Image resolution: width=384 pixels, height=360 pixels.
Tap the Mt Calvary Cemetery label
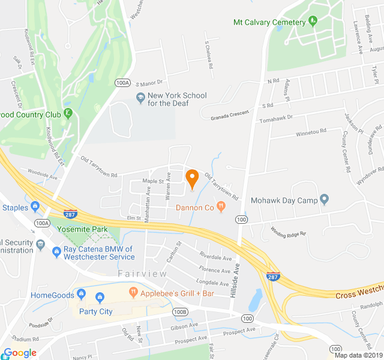pos(269,22)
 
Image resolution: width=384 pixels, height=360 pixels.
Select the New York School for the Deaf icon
pos(140,96)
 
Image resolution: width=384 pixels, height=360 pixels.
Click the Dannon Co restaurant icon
pos(221,208)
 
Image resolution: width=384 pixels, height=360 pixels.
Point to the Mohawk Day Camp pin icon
pos(325,199)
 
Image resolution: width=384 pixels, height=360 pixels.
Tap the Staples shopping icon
pos(36,208)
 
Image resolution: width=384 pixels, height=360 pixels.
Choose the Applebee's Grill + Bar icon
pos(134,293)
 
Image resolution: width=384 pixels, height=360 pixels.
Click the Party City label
pos(97,311)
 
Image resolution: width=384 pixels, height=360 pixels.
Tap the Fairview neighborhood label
pos(142,274)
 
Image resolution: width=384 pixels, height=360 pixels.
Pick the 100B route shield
pos(180,312)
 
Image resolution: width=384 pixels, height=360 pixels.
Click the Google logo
pos(20,353)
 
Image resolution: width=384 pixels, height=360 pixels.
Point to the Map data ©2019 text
pos(358,355)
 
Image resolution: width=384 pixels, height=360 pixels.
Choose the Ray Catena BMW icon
pos(57,251)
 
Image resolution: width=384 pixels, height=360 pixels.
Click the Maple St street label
pos(153,181)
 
